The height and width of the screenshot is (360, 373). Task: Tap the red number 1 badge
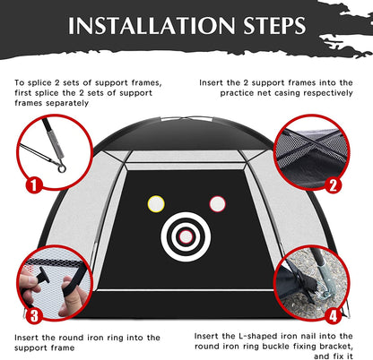[34, 187]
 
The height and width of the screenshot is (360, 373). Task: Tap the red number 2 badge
[333, 186]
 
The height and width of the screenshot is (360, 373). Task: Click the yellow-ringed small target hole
[157, 201]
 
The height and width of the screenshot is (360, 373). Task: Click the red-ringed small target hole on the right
[216, 202]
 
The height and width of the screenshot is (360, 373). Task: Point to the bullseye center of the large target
[186, 236]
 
